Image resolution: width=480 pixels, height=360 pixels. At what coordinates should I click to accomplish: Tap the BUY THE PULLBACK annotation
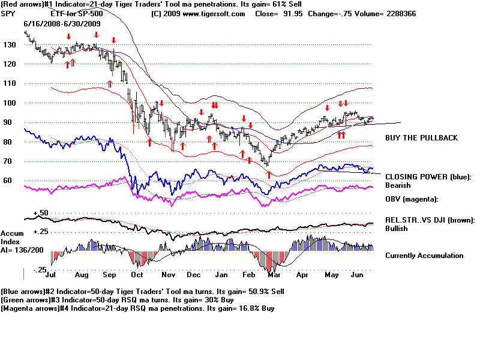pos(421,138)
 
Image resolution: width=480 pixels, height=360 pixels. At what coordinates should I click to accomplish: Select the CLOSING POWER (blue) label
pos(428,177)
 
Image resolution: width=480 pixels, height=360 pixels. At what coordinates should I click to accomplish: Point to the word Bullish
pos(397,229)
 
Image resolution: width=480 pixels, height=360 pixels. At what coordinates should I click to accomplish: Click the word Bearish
pos(398,185)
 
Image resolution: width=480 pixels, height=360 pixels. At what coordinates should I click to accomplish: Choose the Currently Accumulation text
pos(424,256)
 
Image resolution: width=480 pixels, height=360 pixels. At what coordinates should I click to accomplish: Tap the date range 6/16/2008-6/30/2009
pos(62,23)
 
